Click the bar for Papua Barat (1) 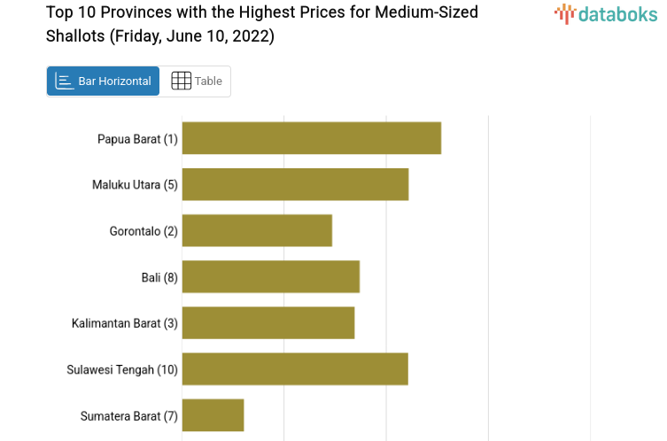tap(311, 138)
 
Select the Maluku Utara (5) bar tap(295, 184)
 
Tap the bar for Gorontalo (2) tap(257, 230)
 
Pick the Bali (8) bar tap(270, 276)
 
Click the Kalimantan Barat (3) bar tap(268, 322)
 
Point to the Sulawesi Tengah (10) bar tap(295, 368)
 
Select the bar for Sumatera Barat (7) tap(213, 414)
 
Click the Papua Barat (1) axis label tap(137, 139)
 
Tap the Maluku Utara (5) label tap(135, 185)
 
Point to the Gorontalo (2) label tap(143, 231)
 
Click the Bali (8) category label tap(159, 277)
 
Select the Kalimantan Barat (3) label tap(125, 323)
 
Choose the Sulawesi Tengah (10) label tap(122, 369)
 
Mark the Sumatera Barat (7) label tap(129, 415)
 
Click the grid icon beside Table tap(181, 81)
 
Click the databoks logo tap(606, 13)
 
